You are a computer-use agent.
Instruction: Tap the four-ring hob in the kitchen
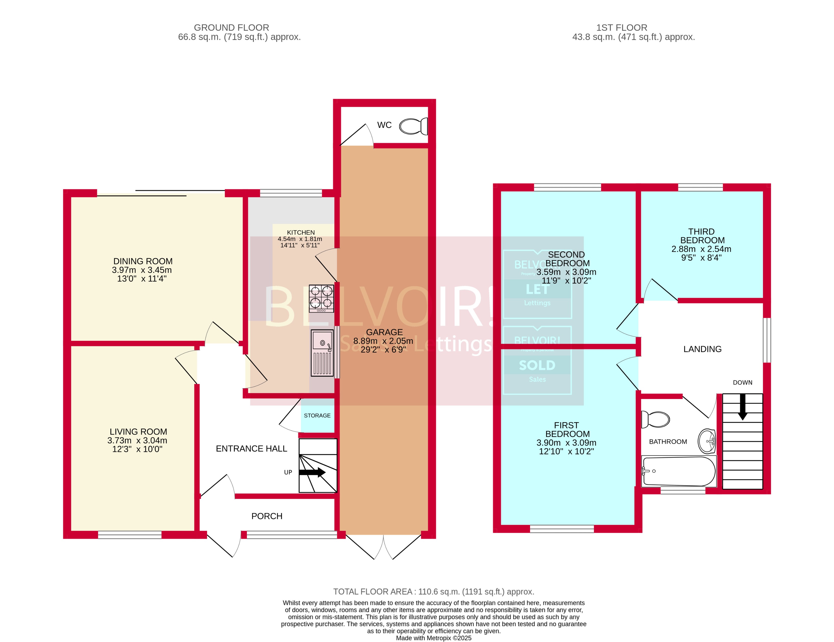coord(321,299)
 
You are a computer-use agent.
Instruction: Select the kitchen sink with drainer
coord(322,353)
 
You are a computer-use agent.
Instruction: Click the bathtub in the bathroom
coord(679,472)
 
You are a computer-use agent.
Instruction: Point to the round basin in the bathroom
coord(706,441)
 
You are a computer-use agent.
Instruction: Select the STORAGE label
coord(317,416)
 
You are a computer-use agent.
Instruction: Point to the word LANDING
coord(702,349)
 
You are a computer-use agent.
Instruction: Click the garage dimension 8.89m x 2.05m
coord(383,341)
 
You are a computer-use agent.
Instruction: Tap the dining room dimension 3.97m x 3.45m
coord(142,270)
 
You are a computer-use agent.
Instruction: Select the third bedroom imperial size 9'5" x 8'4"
coord(701,258)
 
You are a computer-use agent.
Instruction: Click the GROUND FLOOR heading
coord(231,28)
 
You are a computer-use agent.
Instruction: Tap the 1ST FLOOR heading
coord(622,28)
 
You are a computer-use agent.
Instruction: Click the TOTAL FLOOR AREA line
coord(433,592)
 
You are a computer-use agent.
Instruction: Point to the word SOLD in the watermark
coord(537,365)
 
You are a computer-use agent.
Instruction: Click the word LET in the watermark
coord(537,289)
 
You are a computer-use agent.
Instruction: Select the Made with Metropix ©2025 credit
coord(433,638)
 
